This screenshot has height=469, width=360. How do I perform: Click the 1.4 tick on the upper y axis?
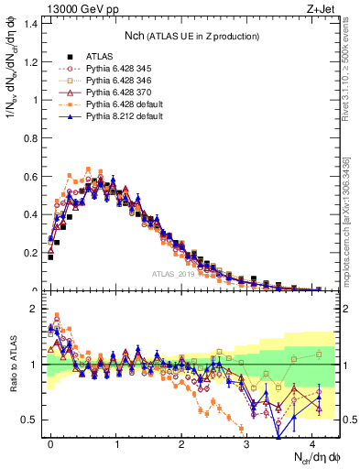click(x=31, y=24)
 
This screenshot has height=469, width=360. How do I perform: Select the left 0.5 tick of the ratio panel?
click(x=31, y=420)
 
